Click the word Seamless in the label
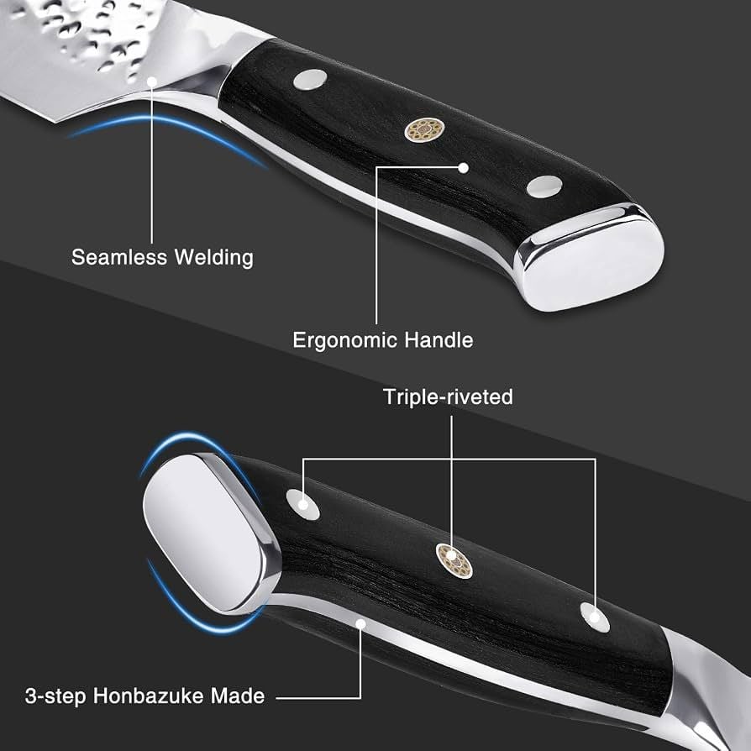pos(119,257)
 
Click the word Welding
pos(213,257)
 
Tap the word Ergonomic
pos(345,340)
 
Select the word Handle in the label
pos(439,340)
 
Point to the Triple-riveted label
pos(448,397)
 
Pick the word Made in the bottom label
pos(238,696)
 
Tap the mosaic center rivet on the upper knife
pos(424,130)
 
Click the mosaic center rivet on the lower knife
pos(454,560)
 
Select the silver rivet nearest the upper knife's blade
pos(310,80)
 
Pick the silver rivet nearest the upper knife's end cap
pos(544,186)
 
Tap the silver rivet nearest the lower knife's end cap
pos(302,504)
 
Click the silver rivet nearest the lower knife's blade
pos(595,617)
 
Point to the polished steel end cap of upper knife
pos(591,258)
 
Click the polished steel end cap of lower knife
pos(208,533)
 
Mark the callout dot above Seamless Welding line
pos(152,81)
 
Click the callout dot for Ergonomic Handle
pos(463,168)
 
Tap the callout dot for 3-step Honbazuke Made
pos(360,623)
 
